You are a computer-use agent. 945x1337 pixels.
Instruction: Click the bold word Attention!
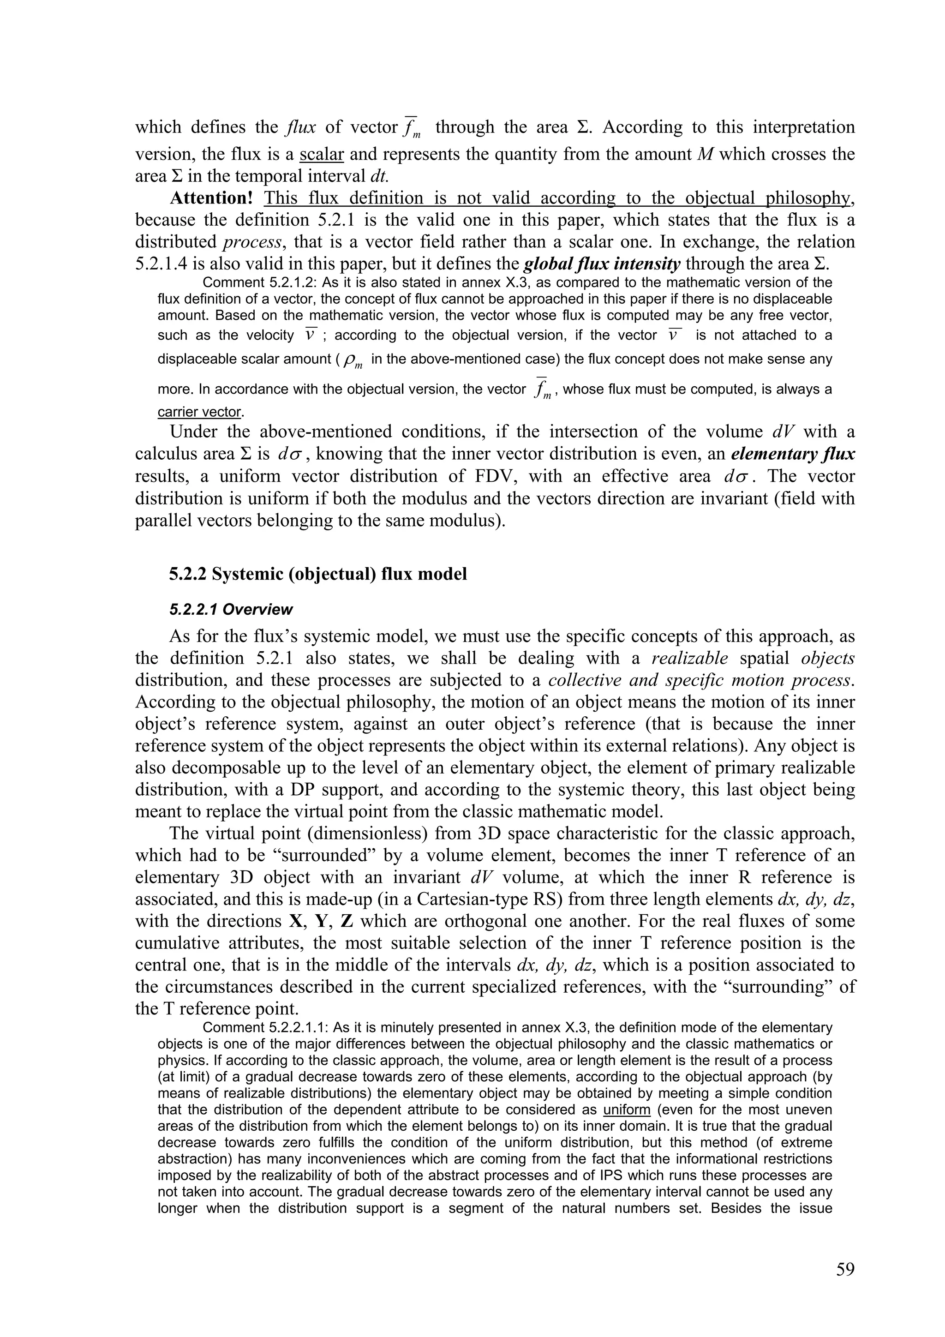pyautogui.click(x=211, y=198)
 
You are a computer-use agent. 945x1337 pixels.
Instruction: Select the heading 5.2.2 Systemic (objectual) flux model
pyautogui.click(x=318, y=574)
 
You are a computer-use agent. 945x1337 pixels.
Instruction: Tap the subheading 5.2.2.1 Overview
pyautogui.click(x=231, y=610)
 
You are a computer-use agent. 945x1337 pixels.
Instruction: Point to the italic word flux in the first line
pyautogui.click(x=301, y=127)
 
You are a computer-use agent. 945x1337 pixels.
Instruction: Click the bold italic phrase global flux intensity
pyautogui.click(x=602, y=264)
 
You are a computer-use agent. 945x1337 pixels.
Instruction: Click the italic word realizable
pyautogui.click(x=689, y=659)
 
